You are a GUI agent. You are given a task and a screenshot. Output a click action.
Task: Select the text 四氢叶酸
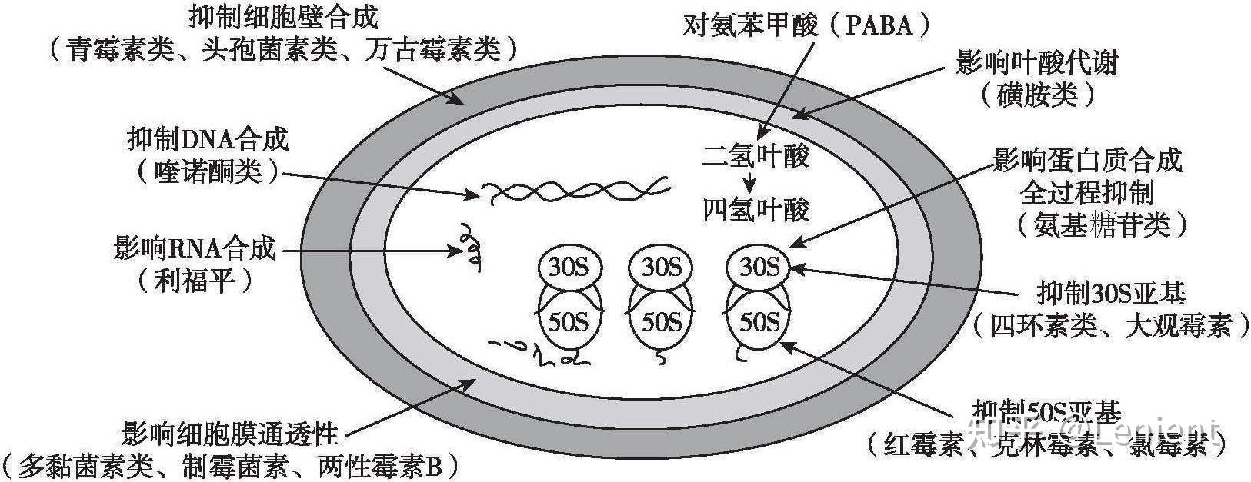756,209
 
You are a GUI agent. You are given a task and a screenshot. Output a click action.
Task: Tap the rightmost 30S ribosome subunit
759,266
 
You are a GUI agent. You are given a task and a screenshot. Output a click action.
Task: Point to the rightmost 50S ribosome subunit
759,321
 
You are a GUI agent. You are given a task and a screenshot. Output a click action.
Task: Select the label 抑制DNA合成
207,141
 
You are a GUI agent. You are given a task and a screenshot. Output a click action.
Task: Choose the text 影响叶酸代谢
1036,62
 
